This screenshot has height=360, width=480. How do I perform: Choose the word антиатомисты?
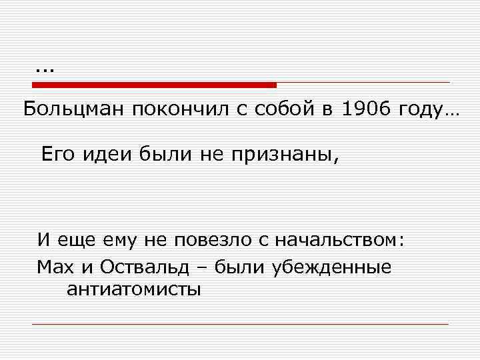tap(133, 289)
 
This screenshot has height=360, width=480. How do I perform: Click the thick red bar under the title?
tap(154, 85)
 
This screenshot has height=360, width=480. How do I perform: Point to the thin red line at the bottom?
tap(240, 324)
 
